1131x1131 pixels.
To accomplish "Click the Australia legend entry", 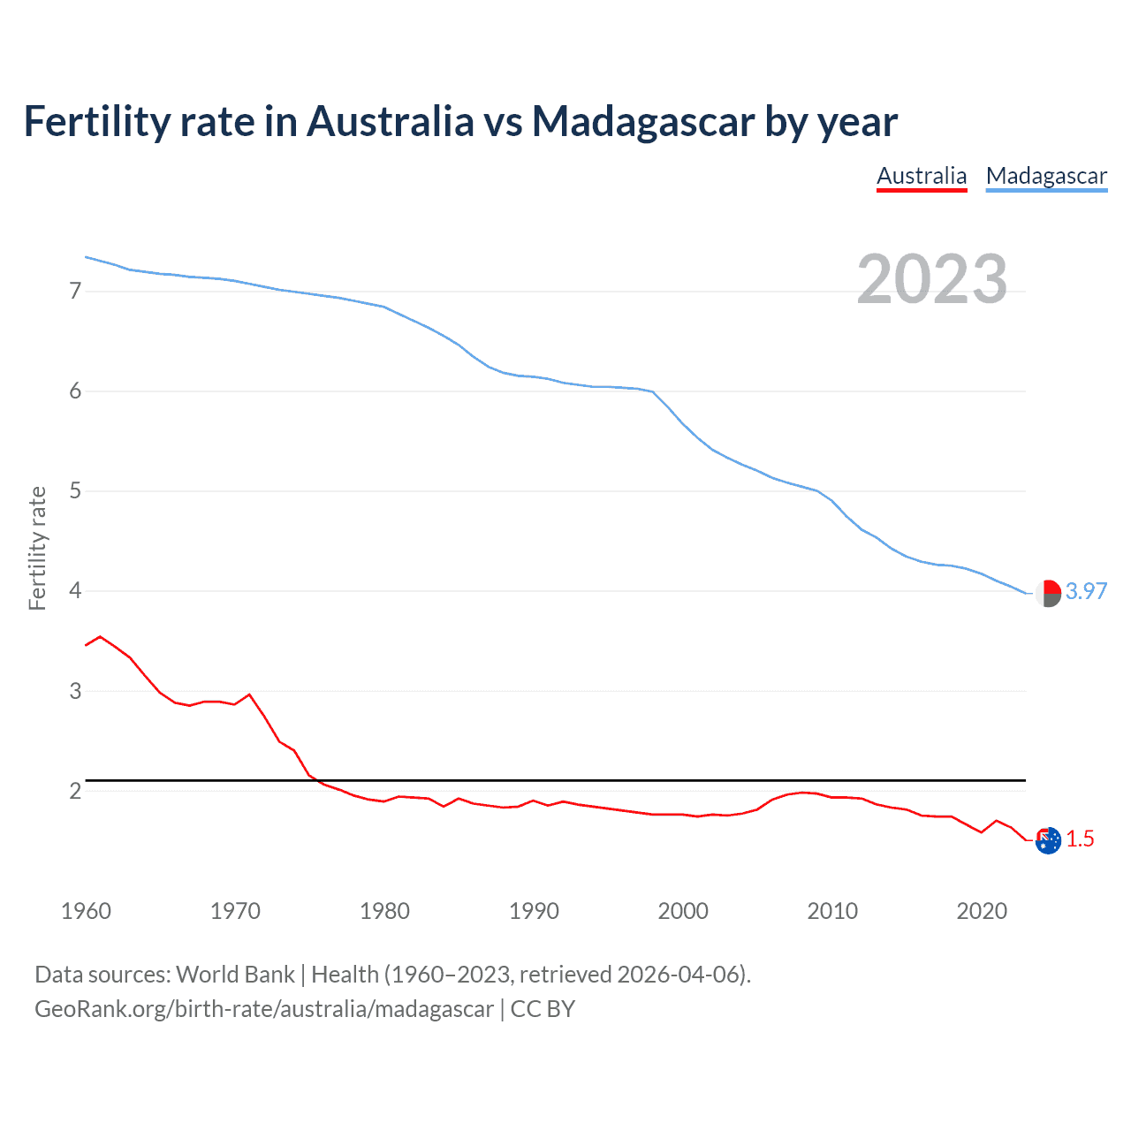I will pos(922,176).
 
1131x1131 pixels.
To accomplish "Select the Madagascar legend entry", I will pos(1046,176).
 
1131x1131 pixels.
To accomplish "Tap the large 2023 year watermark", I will pos(931,279).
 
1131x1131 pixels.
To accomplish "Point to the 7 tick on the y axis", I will pos(75,291).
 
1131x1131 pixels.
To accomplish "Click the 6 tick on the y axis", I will pos(75,391).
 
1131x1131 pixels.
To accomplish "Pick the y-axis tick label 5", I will pos(75,490).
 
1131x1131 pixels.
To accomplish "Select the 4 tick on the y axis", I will pos(75,590).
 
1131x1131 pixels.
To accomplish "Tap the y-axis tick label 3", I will pos(75,690).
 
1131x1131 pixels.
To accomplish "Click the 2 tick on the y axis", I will pos(75,790).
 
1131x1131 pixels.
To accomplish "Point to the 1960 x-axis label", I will pos(86,911).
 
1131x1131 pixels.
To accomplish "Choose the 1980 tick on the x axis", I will pos(384,911).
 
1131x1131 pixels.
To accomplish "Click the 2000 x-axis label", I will pos(683,911).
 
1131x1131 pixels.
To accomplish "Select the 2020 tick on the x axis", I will pos(982,911).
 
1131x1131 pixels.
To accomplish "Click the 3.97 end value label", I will pos(1086,591).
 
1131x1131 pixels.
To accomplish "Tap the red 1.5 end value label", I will pos(1080,839).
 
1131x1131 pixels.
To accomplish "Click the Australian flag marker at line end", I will pos(1048,840).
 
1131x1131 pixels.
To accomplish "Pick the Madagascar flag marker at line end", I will pos(1048,594).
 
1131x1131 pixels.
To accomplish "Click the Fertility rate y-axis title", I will pos(37,548).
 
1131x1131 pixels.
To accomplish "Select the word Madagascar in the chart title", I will pos(643,121).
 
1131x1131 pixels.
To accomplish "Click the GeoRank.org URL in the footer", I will pos(263,1008).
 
